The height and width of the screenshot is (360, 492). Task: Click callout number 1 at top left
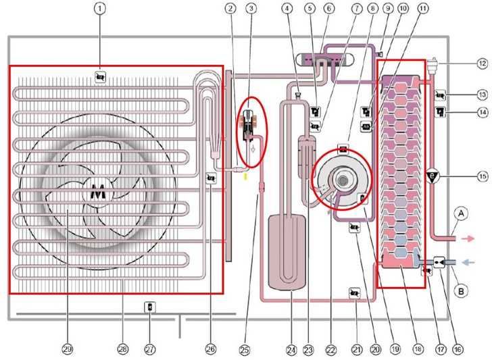pyautogui.click(x=100, y=9)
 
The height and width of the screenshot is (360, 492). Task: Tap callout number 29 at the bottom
pyautogui.click(x=68, y=349)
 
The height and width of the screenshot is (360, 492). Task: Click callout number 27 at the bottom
pyautogui.click(x=150, y=349)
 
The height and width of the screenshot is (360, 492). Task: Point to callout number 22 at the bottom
pyautogui.click(x=330, y=349)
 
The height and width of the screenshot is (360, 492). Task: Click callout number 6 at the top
pyautogui.click(x=328, y=9)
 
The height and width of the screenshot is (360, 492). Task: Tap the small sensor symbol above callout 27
pyautogui.click(x=150, y=308)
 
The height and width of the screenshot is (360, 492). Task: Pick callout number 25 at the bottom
pyautogui.click(x=244, y=349)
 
